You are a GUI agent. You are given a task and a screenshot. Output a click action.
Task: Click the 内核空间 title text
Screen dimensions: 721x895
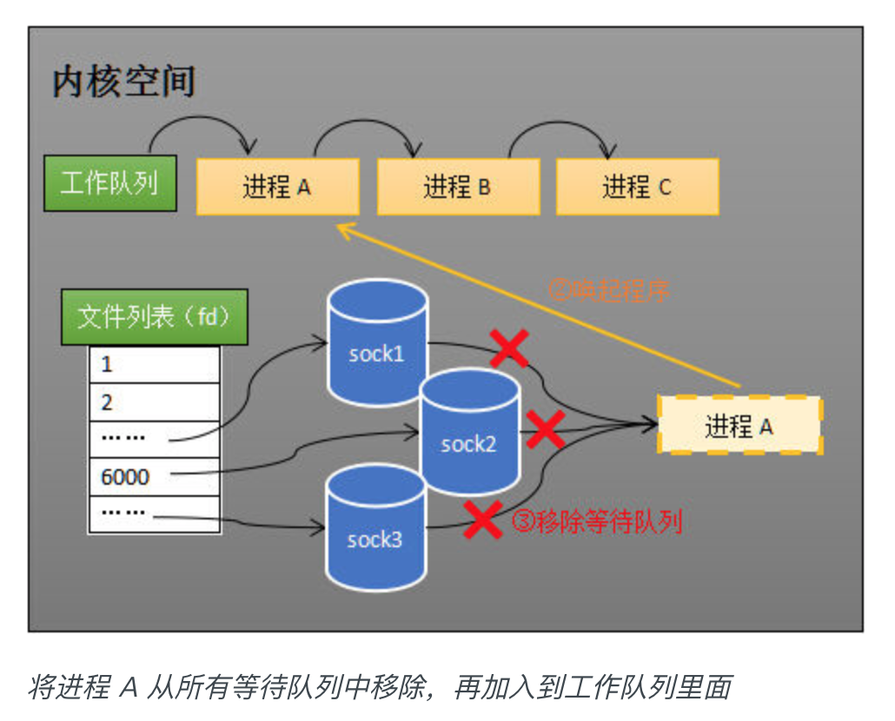click(x=123, y=82)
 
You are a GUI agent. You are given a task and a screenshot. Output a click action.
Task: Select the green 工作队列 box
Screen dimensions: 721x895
click(x=110, y=184)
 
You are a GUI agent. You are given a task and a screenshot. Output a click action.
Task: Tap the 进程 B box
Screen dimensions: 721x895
click(x=458, y=187)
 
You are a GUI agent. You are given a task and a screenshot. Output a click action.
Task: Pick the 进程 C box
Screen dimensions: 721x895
click(x=637, y=187)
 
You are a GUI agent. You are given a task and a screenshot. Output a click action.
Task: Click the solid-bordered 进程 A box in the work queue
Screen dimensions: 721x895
click(x=278, y=187)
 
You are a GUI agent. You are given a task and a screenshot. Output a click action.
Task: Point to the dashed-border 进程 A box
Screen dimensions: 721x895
click(x=739, y=426)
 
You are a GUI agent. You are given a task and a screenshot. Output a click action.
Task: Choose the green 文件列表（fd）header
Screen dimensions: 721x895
click(x=154, y=317)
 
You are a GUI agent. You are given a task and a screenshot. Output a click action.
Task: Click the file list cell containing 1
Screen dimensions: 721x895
click(x=154, y=364)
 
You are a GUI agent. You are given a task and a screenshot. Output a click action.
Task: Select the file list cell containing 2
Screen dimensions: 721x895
click(x=154, y=402)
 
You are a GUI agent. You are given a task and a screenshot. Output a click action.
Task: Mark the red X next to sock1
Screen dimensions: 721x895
click(x=510, y=348)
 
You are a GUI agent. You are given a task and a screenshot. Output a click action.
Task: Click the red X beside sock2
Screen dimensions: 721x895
click(x=545, y=429)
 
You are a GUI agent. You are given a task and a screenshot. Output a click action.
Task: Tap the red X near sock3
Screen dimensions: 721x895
click(x=483, y=519)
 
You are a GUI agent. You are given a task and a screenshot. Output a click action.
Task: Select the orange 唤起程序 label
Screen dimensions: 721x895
click(x=609, y=290)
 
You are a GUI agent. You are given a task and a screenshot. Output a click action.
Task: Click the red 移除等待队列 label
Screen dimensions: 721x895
click(x=597, y=521)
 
